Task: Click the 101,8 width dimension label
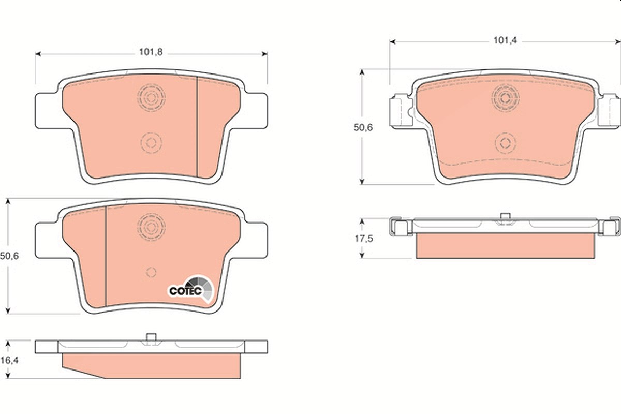click(x=151, y=52)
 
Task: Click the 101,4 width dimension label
click(x=505, y=40)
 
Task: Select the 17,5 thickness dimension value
click(x=364, y=239)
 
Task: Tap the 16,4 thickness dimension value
click(x=9, y=360)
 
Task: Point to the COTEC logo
click(x=191, y=289)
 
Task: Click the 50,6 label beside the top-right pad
click(x=363, y=127)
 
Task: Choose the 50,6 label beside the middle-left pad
click(x=9, y=256)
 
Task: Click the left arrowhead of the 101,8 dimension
click(x=38, y=54)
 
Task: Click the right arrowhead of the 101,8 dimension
click(x=265, y=54)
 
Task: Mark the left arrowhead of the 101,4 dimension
click(x=392, y=42)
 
